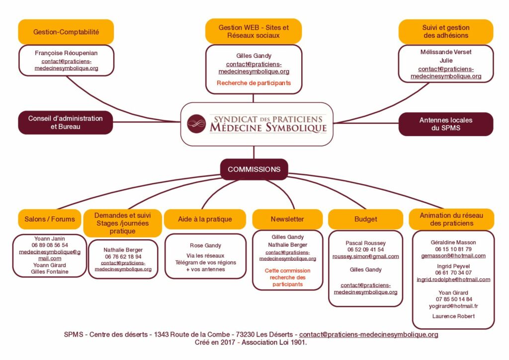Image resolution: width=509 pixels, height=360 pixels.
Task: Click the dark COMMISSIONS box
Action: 254,169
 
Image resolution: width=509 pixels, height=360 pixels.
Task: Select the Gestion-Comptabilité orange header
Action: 66,32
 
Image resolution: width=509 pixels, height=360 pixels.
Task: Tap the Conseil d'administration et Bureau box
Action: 66,122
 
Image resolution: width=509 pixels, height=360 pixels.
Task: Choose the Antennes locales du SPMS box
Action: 446,124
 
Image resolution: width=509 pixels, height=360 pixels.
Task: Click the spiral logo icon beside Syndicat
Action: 196,123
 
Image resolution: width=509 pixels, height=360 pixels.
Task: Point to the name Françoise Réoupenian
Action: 66,53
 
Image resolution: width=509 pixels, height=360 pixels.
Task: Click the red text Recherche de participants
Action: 254,83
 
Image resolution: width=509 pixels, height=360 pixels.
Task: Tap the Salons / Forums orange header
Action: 50,219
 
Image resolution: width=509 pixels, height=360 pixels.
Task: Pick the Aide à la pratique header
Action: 205,219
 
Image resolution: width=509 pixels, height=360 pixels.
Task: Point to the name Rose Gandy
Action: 205,245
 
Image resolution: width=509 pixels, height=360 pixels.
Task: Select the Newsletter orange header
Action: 287,219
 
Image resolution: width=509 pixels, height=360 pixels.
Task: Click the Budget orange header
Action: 365,219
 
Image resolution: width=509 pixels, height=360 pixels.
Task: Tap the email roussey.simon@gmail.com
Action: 365,257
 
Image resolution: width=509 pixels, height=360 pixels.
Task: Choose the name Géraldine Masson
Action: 453,242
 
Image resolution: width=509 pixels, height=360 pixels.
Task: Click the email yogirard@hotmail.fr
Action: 453,306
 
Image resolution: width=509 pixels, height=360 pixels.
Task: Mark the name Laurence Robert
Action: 453,316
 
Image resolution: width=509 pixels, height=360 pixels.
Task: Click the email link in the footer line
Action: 368,335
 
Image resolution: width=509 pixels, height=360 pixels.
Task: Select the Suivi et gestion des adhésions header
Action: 446,31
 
